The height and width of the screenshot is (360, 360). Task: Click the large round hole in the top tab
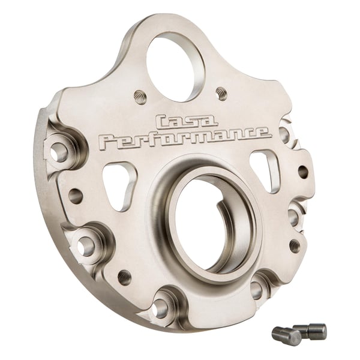pos(175,65)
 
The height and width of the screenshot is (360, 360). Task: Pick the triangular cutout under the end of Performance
pos(265,170)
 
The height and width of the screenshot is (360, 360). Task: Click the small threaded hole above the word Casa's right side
pos(221,93)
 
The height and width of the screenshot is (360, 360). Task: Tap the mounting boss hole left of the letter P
pos(59,152)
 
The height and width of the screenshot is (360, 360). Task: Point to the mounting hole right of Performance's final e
pos(285,134)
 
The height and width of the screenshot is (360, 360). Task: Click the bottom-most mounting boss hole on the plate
pos(161,308)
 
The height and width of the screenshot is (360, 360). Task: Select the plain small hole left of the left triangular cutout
pos(76,196)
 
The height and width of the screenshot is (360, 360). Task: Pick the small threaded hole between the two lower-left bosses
pos(124,277)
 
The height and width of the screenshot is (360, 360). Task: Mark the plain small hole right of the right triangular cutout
pos(302,172)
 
